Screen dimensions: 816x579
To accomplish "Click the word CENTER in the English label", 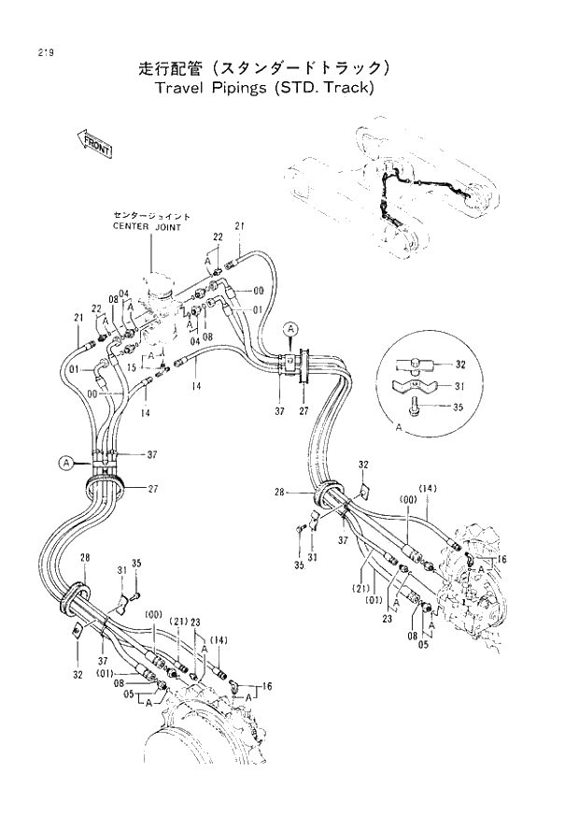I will click(132, 226).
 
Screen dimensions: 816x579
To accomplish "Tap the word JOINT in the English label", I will click(167, 226).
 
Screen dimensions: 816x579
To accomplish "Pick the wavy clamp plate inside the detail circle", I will click(417, 385).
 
